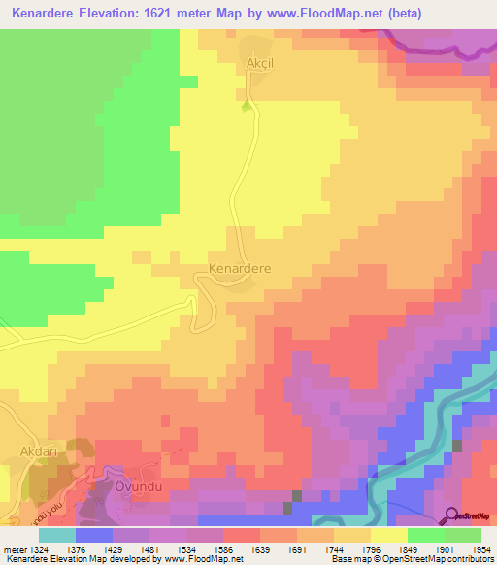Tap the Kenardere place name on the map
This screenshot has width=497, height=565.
(240, 266)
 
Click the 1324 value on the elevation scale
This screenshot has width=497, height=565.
(38, 550)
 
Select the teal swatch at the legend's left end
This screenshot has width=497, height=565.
(57, 535)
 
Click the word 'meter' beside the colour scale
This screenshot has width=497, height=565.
(14, 550)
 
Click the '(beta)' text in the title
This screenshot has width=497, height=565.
(418, 13)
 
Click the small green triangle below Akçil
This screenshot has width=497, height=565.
(247, 104)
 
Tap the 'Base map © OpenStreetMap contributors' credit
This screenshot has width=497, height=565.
(411, 560)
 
